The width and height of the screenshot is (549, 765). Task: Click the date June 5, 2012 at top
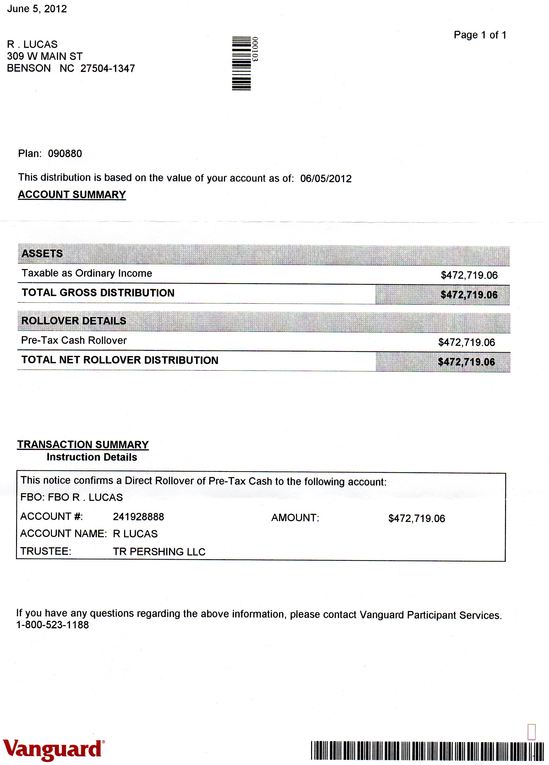[37, 9]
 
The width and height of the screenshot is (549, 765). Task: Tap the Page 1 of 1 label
[480, 35]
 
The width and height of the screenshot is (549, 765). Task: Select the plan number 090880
[65, 154]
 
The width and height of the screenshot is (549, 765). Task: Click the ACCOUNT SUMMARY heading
[72, 195]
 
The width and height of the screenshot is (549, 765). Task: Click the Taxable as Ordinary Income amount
[469, 275]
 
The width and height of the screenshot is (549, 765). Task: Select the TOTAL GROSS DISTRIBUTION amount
[469, 295]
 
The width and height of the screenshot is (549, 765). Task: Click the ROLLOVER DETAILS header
[74, 321]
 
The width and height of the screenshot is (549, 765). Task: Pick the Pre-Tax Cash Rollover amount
[466, 342]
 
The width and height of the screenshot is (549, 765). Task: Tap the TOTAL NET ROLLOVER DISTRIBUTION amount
[466, 362]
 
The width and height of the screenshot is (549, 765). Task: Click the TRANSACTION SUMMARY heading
[83, 445]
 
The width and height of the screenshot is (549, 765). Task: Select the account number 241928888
[138, 517]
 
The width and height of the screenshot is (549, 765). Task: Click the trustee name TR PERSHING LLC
[159, 552]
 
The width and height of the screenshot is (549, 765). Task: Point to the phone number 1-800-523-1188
[53, 625]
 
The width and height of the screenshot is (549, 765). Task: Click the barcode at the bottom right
[427, 751]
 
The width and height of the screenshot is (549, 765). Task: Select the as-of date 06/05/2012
[326, 178]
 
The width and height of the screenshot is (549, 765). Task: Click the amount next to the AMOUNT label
[417, 518]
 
